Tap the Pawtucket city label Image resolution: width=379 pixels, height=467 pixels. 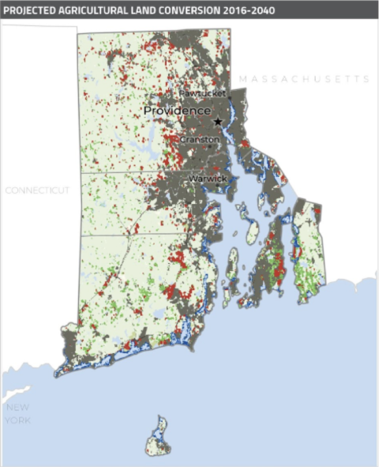[x=203, y=93]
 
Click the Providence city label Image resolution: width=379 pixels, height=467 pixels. [x=177, y=111]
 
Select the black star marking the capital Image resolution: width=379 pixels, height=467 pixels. [x=218, y=121]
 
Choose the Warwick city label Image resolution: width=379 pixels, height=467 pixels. [x=208, y=179]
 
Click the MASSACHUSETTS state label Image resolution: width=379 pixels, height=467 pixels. [x=305, y=79]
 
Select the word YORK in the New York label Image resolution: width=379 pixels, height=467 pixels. [x=19, y=420]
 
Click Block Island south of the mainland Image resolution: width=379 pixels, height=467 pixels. [x=159, y=439]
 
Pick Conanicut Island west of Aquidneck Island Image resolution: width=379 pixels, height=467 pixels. [x=235, y=269]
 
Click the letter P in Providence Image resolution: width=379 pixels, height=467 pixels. [x=148, y=111]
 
